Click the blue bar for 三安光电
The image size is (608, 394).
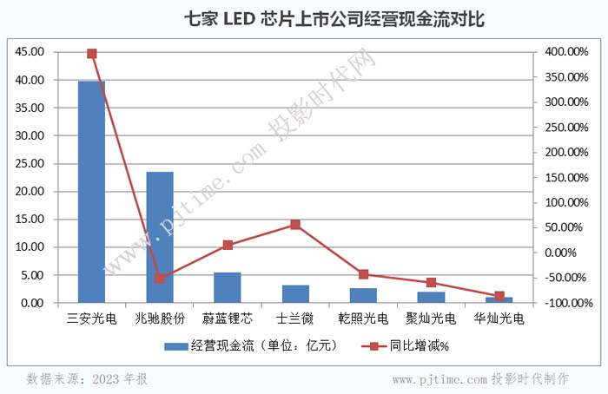92,191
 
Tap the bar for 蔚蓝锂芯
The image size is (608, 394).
228,287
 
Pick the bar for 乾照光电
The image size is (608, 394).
363,295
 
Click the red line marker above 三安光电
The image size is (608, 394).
92,54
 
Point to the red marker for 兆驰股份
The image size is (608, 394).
160,279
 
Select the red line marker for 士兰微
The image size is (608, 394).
295,225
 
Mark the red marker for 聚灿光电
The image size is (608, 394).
431,283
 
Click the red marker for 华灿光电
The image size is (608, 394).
499,297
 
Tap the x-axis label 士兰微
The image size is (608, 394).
295,318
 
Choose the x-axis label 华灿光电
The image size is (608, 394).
499,318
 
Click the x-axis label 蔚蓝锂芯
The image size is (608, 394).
228,318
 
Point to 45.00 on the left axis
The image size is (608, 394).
30,52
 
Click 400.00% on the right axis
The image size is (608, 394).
567,52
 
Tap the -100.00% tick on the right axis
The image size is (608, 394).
565,304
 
